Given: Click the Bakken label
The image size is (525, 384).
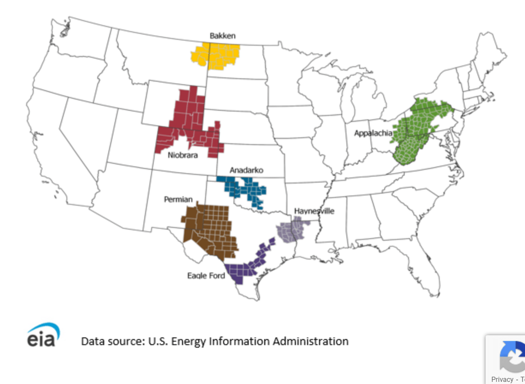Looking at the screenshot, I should point(222,35).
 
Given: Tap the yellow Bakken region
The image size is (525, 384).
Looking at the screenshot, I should point(216,56).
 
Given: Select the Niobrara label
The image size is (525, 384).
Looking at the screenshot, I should point(183,155).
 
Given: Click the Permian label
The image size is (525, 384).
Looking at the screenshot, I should point(178,200).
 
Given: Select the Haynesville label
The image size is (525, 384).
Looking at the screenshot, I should point(314,211).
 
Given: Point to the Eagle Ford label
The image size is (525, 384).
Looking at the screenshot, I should point(206,276).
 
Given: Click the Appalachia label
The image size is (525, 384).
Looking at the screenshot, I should point(373,133).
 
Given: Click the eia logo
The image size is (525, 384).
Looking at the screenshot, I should point(43,336).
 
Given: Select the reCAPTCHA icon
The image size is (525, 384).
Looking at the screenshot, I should point(512,356).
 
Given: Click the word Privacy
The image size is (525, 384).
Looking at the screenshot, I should point(502,379).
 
